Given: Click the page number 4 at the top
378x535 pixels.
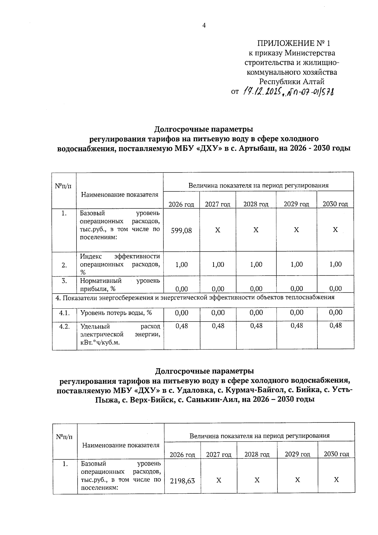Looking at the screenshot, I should coord(204,26).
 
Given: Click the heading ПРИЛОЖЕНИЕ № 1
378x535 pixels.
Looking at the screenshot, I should coord(294,43).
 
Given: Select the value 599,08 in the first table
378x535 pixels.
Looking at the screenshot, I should coord(181,230).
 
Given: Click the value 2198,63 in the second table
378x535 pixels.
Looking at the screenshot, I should coord(182,480).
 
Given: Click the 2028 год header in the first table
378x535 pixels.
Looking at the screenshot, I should coord(256,204).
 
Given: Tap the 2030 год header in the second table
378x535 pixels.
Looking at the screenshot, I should coord(336,454).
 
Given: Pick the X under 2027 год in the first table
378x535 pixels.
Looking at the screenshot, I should coord(218,230).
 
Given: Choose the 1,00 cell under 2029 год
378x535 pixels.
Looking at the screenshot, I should coord(296,264).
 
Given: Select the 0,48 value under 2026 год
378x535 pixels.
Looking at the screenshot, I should coord(181,326).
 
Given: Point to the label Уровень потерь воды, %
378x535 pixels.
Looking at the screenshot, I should coord(116,313).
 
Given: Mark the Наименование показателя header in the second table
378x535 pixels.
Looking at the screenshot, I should coord(121,445).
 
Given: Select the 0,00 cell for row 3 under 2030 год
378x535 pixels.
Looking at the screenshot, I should coord(335,288).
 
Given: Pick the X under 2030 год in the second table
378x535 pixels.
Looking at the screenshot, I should coord(336,480).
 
